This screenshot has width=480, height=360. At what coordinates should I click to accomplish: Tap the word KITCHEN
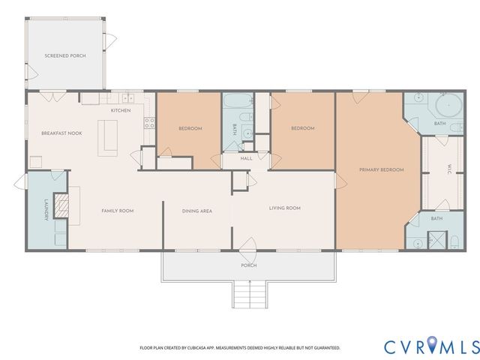pyautogui.click(x=121, y=110)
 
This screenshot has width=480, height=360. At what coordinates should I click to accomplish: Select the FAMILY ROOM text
pyautogui.click(x=117, y=211)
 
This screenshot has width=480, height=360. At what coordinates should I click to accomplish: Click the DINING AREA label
pyautogui.click(x=196, y=211)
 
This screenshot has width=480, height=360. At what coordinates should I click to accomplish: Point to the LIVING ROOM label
pyautogui.click(x=284, y=208)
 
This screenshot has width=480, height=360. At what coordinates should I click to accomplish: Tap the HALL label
pyautogui.click(x=246, y=158)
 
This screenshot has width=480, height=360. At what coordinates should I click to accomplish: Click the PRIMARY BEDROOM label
pyautogui.click(x=381, y=169)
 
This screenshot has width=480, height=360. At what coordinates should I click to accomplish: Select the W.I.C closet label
pyautogui.click(x=448, y=169)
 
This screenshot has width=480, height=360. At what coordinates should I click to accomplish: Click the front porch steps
pyautogui.click(x=248, y=292)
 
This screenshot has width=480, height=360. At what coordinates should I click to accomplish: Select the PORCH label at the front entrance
pyautogui.click(x=248, y=265)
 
